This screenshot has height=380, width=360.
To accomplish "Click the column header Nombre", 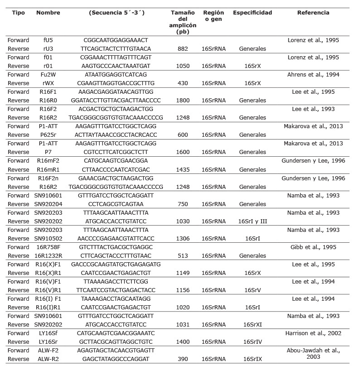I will (48, 13).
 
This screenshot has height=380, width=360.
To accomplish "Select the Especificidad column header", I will (253, 13).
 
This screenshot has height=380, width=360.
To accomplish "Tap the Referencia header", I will (313, 13).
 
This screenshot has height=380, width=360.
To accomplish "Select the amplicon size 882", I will (180, 48).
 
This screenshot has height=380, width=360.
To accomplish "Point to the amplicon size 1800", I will (180, 100).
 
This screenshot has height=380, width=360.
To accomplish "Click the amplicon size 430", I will (180, 83).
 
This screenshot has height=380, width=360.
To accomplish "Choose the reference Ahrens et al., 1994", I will (313, 74).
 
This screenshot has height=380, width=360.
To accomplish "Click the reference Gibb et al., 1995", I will (313, 247).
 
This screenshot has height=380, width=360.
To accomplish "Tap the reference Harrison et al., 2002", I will (313, 333).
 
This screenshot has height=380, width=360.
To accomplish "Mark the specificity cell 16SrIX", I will (253, 359).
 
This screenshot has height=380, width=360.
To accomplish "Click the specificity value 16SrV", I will (253, 290).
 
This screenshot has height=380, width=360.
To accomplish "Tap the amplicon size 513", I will (180, 255).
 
